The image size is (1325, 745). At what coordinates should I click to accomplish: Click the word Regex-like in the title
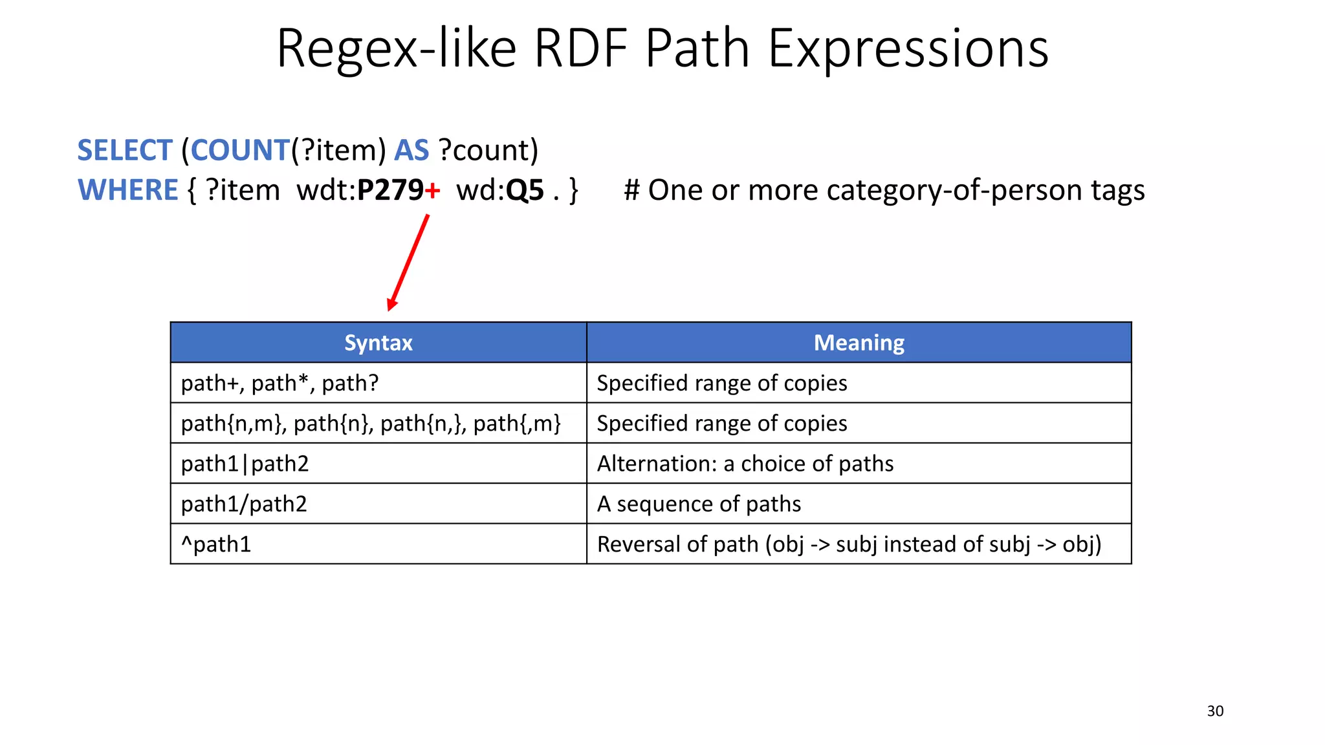pyautogui.click(x=396, y=49)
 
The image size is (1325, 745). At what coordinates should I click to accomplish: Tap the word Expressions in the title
pyautogui.click(x=908, y=49)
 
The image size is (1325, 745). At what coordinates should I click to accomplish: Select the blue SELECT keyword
pyautogui.click(x=125, y=151)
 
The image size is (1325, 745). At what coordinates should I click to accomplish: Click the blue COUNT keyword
pyautogui.click(x=239, y=151)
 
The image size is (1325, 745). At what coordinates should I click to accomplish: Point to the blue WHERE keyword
pyautogui.click(x=127, y=191)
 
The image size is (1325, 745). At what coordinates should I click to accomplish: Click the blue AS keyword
pyautogui.click(x=411, y=151)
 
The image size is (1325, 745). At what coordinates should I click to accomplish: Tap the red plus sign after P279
pyautogui.click(x=433, y=191)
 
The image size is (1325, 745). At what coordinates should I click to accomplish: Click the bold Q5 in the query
pyautogui.click(x=525, y=191)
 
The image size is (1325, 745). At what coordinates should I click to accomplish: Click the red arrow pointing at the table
pyautogui.click(x=409, y=262)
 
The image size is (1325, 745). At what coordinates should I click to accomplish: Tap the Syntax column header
pyautogui.click(x=378, y=343)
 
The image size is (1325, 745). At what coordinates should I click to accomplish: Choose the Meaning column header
pyautogui.click(x=859, y=343)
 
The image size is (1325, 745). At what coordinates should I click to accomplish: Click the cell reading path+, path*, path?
pyautogui.click(x=279, y=383)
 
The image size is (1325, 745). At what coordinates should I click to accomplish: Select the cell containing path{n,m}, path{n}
pyautogui.click(x=371, y=424)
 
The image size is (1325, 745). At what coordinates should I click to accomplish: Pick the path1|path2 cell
pyautogui.click(x=245, y=464)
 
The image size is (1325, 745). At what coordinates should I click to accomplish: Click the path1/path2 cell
pyautogui.click(x=244, y=504)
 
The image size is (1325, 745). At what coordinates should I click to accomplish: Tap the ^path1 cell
pyautogui.click(x=215, y=545)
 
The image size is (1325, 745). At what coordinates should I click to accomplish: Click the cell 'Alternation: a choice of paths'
pyautogui.click(x=745, y=464)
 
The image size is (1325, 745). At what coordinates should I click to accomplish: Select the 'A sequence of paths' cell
pyautogui.click(x=699, y=504)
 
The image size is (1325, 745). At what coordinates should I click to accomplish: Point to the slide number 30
pyautogui.click(x=1215, y=711)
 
